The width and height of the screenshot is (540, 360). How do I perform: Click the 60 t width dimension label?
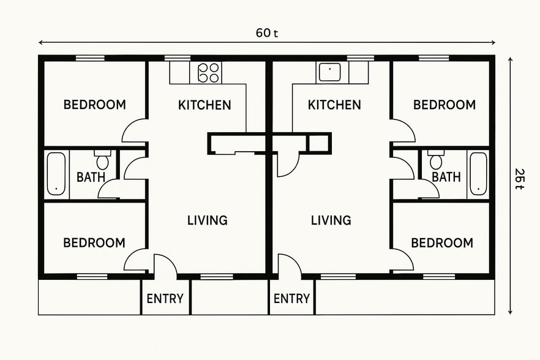[267, 33]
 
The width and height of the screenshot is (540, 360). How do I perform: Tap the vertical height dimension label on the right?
[520, 178]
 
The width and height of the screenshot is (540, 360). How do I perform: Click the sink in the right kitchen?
[329, 72]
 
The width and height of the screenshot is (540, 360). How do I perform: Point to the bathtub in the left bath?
[56, 174]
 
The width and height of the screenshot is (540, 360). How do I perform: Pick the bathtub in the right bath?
[478, 174]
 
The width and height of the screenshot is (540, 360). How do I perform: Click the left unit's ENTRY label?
[165, 298]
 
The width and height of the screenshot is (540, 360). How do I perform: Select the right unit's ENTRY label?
[291, 298]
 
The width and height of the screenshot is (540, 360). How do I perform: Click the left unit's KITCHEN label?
[204, 105]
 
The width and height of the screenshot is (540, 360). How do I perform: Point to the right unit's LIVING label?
[331, 220]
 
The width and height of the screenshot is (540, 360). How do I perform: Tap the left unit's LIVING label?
[208, 220]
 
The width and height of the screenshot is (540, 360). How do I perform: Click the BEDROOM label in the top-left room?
[95, 105]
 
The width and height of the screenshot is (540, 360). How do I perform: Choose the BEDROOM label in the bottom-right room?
[442, 243]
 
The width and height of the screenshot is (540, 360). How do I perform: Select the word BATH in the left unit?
[91, 178]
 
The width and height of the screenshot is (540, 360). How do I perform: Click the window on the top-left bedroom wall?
[90, 58]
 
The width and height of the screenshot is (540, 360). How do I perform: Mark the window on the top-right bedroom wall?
[434, 58]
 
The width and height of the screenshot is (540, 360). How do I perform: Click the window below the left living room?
[217, 276]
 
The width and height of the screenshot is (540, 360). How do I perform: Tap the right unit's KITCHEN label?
[334, 105]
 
